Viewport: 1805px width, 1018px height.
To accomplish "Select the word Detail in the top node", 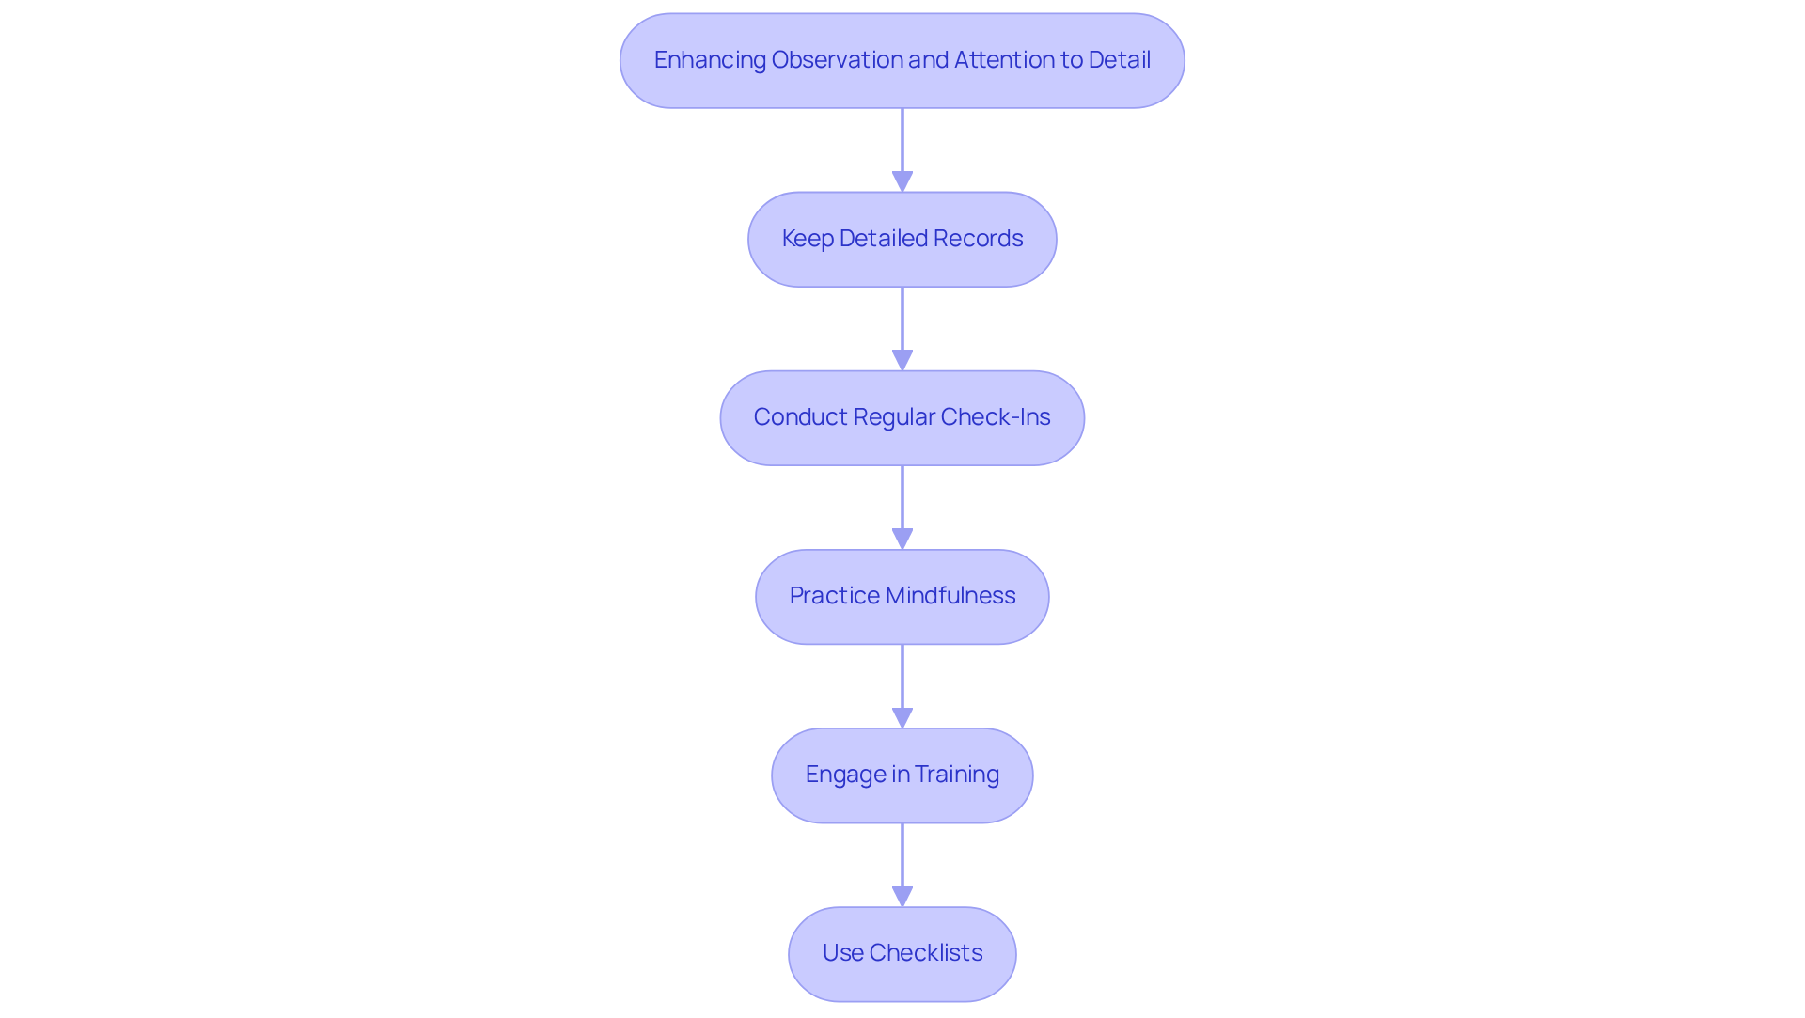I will (1119, 60).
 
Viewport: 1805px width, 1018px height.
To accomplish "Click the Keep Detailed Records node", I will (902, 240).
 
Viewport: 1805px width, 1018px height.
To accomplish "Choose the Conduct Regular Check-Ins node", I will (902, 418).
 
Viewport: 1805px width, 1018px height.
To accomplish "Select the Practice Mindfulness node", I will (902, 597).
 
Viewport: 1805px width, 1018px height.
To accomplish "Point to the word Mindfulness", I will (950, 596).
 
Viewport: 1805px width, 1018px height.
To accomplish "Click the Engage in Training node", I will (902, 775).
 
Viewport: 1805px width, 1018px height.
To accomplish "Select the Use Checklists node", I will (902, 954).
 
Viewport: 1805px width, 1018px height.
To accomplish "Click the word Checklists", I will (926, 953).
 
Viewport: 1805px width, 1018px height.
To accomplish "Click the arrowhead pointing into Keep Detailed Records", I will (902, 181).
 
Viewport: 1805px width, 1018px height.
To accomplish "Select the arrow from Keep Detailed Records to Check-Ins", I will (902, 324).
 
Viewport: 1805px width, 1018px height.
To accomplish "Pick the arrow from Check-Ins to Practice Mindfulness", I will (902, 503).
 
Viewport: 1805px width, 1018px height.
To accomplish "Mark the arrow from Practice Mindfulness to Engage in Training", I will (902, 681).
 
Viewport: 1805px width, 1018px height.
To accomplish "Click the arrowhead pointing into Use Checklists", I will (902, 896).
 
